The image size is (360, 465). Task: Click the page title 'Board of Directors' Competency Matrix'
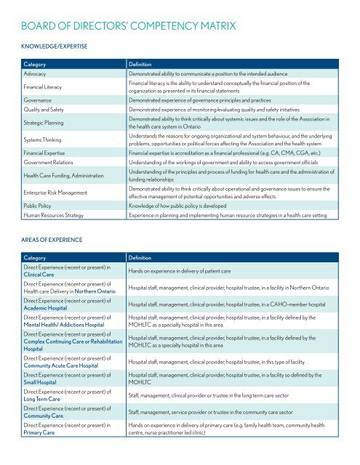[x=129, y=28]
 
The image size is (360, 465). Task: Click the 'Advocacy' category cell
[x=37, y=74]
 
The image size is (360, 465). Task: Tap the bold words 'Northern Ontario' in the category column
[x=98, y=292]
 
